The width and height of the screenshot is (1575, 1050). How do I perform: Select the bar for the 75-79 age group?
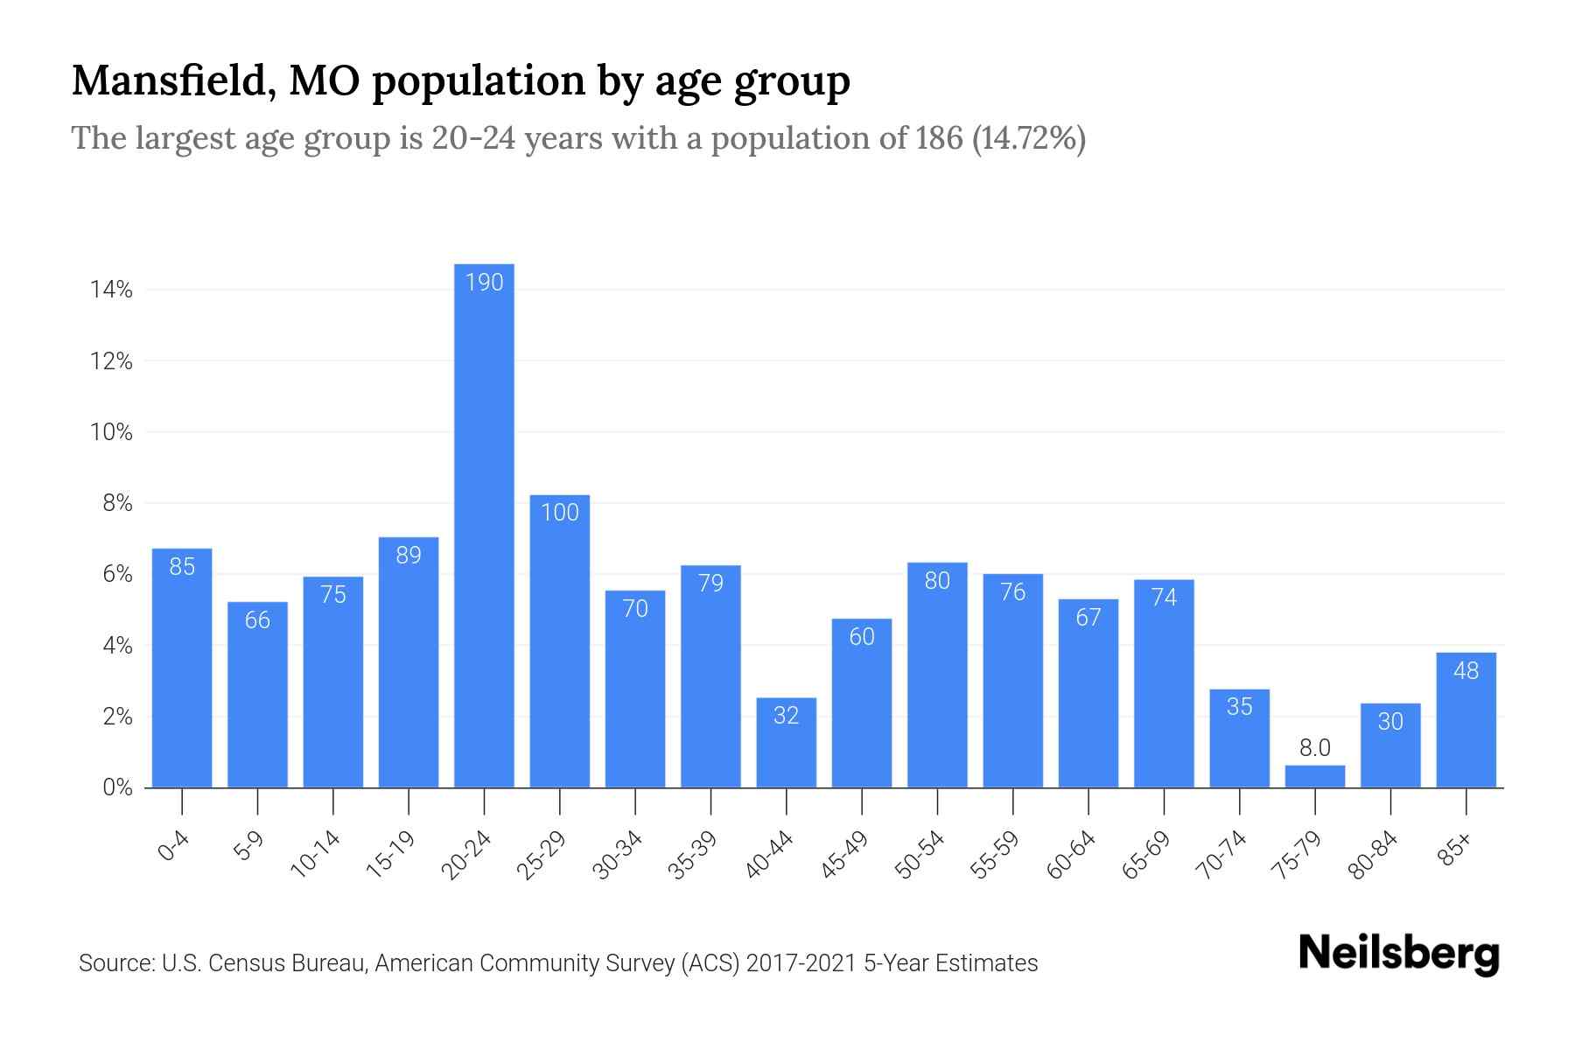[x=1314, y=777]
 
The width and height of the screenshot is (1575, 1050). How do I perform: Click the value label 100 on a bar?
[x=560, y=513]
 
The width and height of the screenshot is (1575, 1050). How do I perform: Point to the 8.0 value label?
[x=1314, y=748]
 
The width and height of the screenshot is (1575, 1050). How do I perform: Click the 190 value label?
[x=484, y=283]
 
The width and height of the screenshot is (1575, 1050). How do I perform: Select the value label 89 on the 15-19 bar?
[x=409, y=556]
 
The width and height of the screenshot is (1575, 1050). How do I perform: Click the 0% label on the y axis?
[x=117, y=787]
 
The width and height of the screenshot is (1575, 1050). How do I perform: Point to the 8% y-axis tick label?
[x=117, y=503]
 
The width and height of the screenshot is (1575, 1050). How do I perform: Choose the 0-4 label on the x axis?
[x=174, y=847]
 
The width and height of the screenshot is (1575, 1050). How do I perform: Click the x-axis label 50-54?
[x=920, y=855]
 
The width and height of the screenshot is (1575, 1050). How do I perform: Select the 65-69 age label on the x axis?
[x=1147, y=855]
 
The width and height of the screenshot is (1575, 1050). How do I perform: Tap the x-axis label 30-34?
[x=619, y=855]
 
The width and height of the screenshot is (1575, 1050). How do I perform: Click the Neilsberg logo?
[x=1398, y=954]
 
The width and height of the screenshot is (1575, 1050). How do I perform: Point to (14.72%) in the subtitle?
[x=1029, y=138]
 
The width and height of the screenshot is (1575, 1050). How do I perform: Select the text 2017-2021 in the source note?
[x=801, y=963]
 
